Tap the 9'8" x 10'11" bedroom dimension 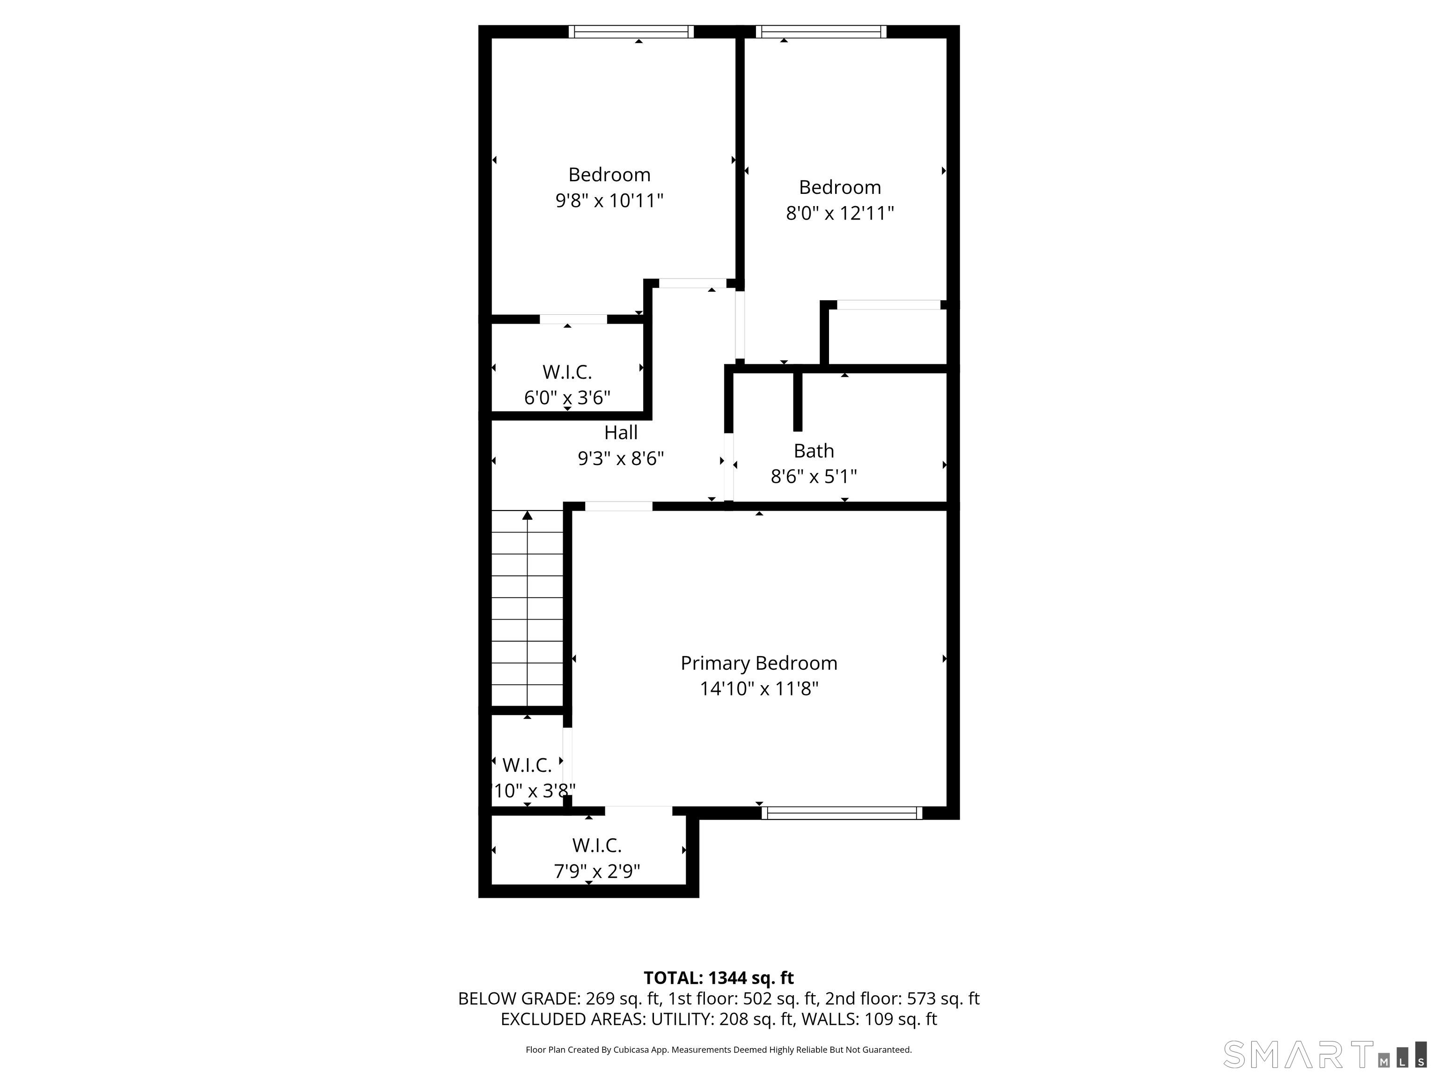click(x=609, y=200)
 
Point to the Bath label click(x=813, y=451)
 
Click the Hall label click(x=621, y=433)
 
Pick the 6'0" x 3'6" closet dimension click(x=567, y=398)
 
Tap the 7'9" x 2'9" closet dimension click(x=597, y=871)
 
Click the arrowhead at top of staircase click(x=527, y=516)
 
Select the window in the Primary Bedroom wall click(x=841, y=813)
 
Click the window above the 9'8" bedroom click(x=631, y=32)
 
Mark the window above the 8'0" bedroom click(x=821, y=32)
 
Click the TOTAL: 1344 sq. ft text click(x=719, y=978)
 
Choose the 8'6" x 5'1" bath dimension click(x=813, y=477)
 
